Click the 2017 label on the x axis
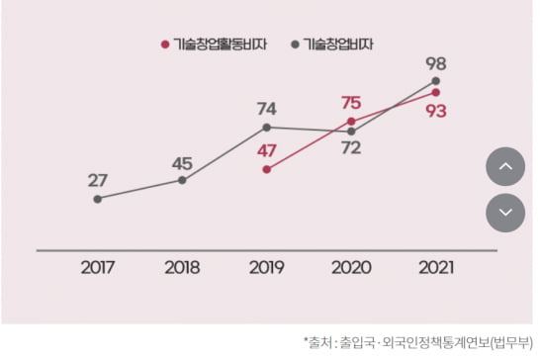click(x=97, y=267)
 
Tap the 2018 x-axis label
click(x=182, y=267)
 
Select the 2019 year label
click(x=266, y=267)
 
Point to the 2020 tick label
click(x=351, y=267)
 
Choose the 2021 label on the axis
click(x=436, y=267)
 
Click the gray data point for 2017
click(x=97, y=199)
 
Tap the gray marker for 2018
click(x=182, y=180)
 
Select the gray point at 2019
click(x=266, y=128)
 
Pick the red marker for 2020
click(x=351, y=121)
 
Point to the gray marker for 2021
click(x=436, y=81)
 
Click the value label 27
click(x=97, y=180)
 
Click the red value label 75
click(x=350, y=102)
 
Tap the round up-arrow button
click(x=504, y=166)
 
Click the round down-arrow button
click(x=504, y=212)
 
